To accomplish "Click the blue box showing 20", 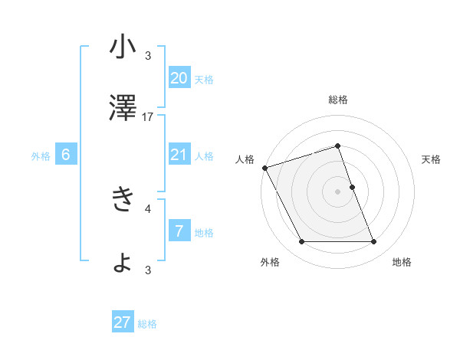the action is pyautogui.click(x=179, y=78).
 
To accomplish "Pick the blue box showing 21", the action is pyautogui.click(x=179, y=155).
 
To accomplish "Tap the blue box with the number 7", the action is pyautogui.click(x=179, y=231).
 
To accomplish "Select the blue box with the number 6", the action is pyautogui.click(x=66, y=155).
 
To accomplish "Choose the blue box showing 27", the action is pyautogui.click(x=123, y=322).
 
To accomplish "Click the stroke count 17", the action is pyautogui.click(x=148, y=117).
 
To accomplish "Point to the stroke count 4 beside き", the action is pyautogui.click(x=148, y=208).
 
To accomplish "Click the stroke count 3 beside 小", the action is pyautogui.click(x=148, y=55).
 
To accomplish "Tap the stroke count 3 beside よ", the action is pyautogui.click(x=148, y=270).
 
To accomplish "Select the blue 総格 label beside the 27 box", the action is pyautogui.click(x=147, y=324).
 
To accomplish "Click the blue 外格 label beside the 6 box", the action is pyautogui.click(x=41, y=156).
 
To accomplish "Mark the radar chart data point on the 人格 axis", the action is pyautogui.click(x=264, y=168).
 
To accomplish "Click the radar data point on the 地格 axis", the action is pyautogui.click(x=374, y=242).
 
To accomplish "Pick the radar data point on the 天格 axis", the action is pyautogui.click(x=352, y=187).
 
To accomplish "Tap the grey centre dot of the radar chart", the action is pyautogui.click(x=337, y=191).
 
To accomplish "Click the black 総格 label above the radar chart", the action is pyautogui.click(x=337, y=100).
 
